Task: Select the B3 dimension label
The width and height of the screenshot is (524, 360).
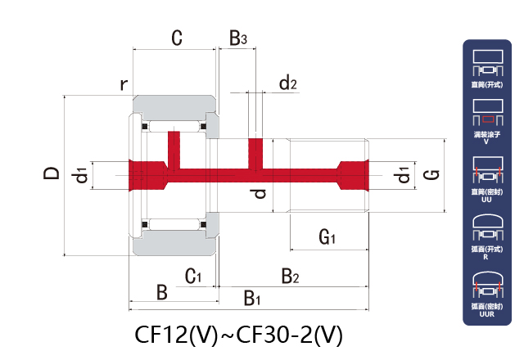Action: pyautogui.click(x=237, y=38)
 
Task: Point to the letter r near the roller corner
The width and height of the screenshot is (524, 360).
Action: pyautogui.click(x=124, y=84)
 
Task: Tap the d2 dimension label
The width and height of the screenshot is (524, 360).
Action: pyautogui.click(x=287, y=83)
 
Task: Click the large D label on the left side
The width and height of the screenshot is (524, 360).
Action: pyautogui.click(x=51, y=173)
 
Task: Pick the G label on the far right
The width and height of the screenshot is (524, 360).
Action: pyautogui.click(x=433, y=173)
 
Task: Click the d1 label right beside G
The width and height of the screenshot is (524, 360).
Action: pyautogui.click(x=402, y=174)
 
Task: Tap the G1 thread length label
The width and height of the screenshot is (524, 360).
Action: pyautogui.click(x=328, y=238)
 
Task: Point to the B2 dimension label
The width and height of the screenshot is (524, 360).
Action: pyautogui.click(x=291, y=277)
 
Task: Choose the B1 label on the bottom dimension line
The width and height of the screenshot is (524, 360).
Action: pyautogui.click(x=252, y=299)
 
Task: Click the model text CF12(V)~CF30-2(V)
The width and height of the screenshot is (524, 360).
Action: pyautogui.click(x=238, y=335)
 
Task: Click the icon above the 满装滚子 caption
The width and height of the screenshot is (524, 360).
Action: pyautogui.click(x=487, y=110)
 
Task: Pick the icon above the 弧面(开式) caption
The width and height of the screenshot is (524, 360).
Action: pyautogui.click(x=487, y=228)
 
